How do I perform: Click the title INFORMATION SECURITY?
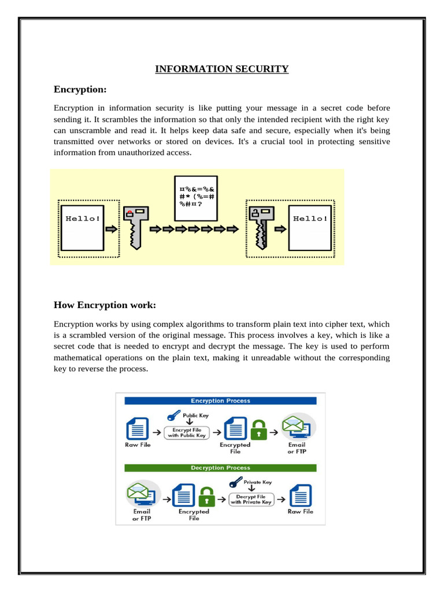coord(221,69)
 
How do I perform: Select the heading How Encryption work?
coord(105,305)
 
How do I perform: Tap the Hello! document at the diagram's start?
coord(83,227)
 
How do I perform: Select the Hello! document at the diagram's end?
coord(310,227)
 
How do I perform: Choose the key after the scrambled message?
coord(260,226)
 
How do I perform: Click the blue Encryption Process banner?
coord(221,400)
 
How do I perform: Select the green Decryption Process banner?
coord(221,467)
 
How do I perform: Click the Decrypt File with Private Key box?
coord(251,499)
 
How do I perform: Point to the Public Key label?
coord(195,415)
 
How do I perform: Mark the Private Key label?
coord(258,482)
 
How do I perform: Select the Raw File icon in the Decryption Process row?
coord(300,495)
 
